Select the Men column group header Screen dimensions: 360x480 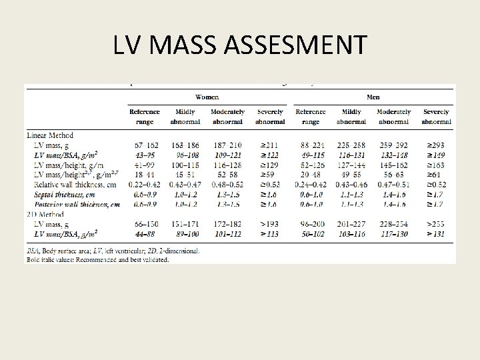click(373, 96)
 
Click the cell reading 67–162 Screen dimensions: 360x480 click(145, 144)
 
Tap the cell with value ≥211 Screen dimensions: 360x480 click(270, 144)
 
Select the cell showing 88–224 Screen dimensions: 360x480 click(311, 144)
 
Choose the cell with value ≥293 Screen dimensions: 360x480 click(437, 144)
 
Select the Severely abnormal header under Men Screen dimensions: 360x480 click(437, 117)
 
